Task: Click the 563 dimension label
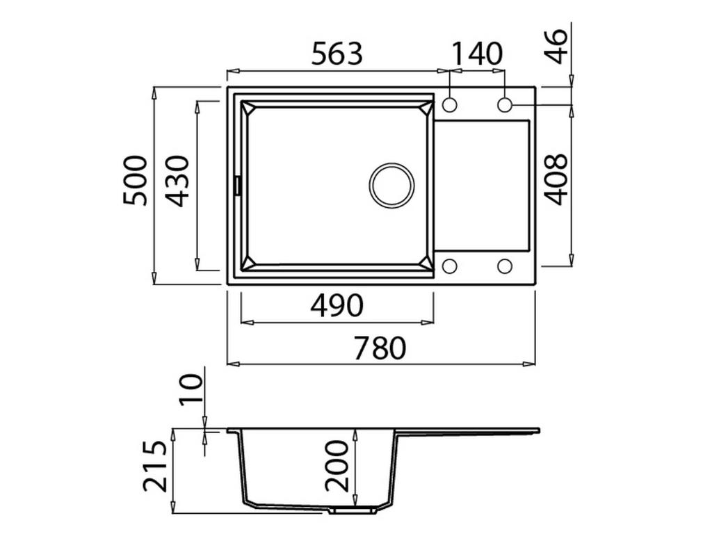point(337,54)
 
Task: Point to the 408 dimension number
point(556,179)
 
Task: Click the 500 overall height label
point(136,180)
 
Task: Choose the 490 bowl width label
point(337,306)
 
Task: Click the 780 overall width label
point(379,348)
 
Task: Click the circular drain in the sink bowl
point(391,185)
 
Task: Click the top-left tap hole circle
point(450,105)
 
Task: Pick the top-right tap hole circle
point(505,105)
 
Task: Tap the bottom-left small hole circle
point(450,266)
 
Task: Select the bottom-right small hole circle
point(505,266)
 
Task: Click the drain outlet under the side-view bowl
point(353,510)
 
